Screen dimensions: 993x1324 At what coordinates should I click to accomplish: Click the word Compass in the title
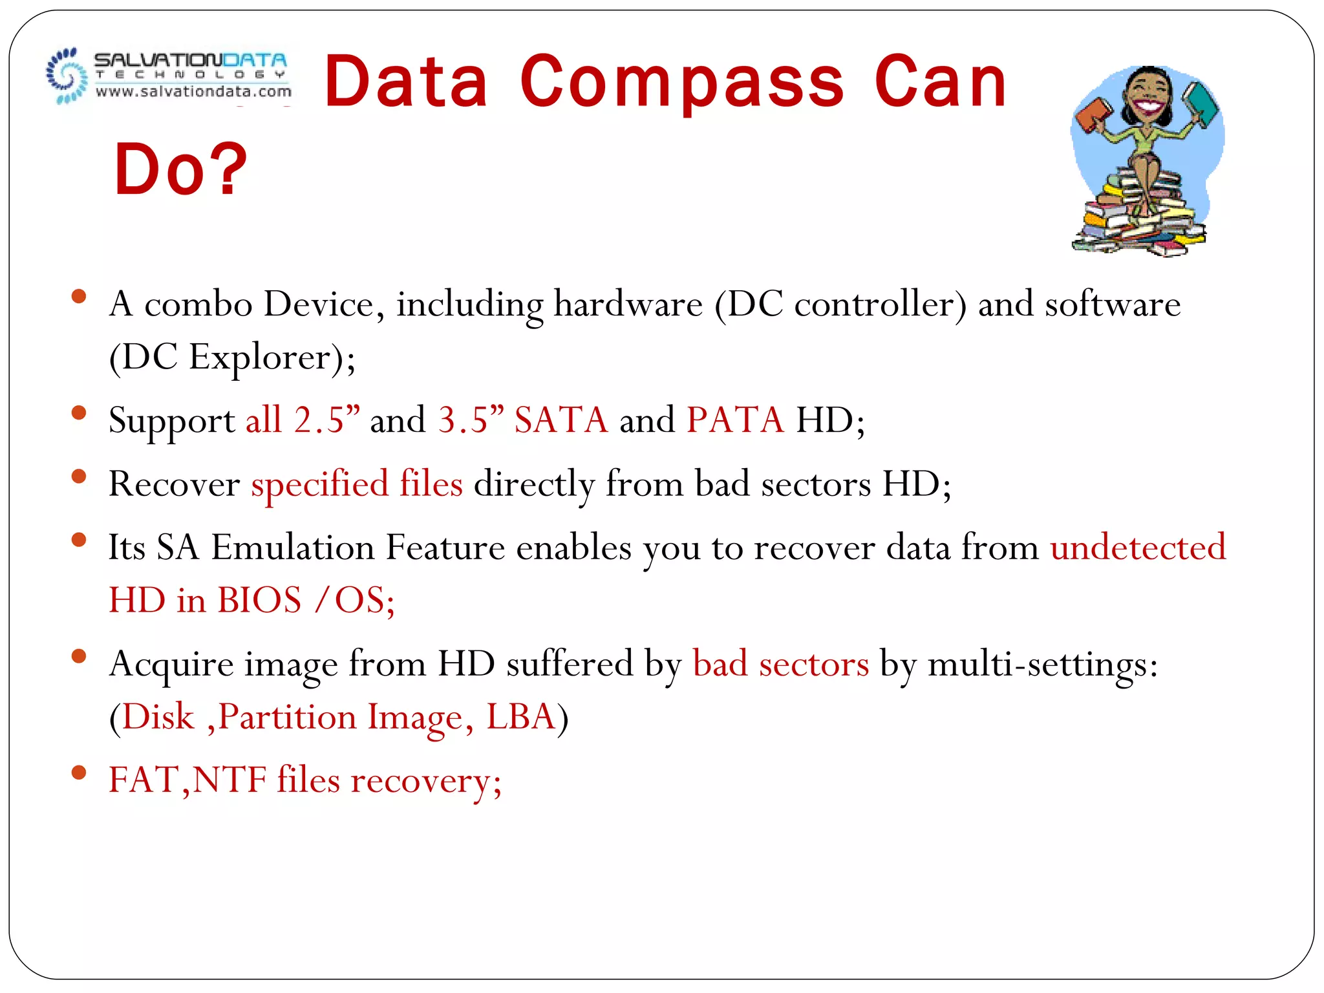point(681,83)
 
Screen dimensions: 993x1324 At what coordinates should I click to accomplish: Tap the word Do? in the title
point(180,169)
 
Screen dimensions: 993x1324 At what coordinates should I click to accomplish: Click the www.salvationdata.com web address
point(193,92)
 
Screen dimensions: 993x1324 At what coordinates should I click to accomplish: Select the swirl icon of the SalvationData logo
point(66,76)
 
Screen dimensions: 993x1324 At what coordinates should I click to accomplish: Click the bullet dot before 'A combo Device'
point(79,297)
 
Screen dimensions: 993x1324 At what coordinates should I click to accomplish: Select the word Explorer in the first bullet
point(260,357)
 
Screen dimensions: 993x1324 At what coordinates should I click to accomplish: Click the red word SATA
point(561,420)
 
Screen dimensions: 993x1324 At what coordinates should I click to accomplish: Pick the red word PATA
point(735,420)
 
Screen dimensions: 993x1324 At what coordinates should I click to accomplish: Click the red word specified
point(320,484)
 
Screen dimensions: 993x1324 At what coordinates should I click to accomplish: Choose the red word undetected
point(1138,548)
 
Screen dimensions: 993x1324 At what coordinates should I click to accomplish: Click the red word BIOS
point(259,600)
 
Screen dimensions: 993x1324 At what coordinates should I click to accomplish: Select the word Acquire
point(171,665)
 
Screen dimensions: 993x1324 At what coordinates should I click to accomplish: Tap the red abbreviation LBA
point(520,717)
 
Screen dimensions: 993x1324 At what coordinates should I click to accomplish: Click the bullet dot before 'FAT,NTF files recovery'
point(79,772)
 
